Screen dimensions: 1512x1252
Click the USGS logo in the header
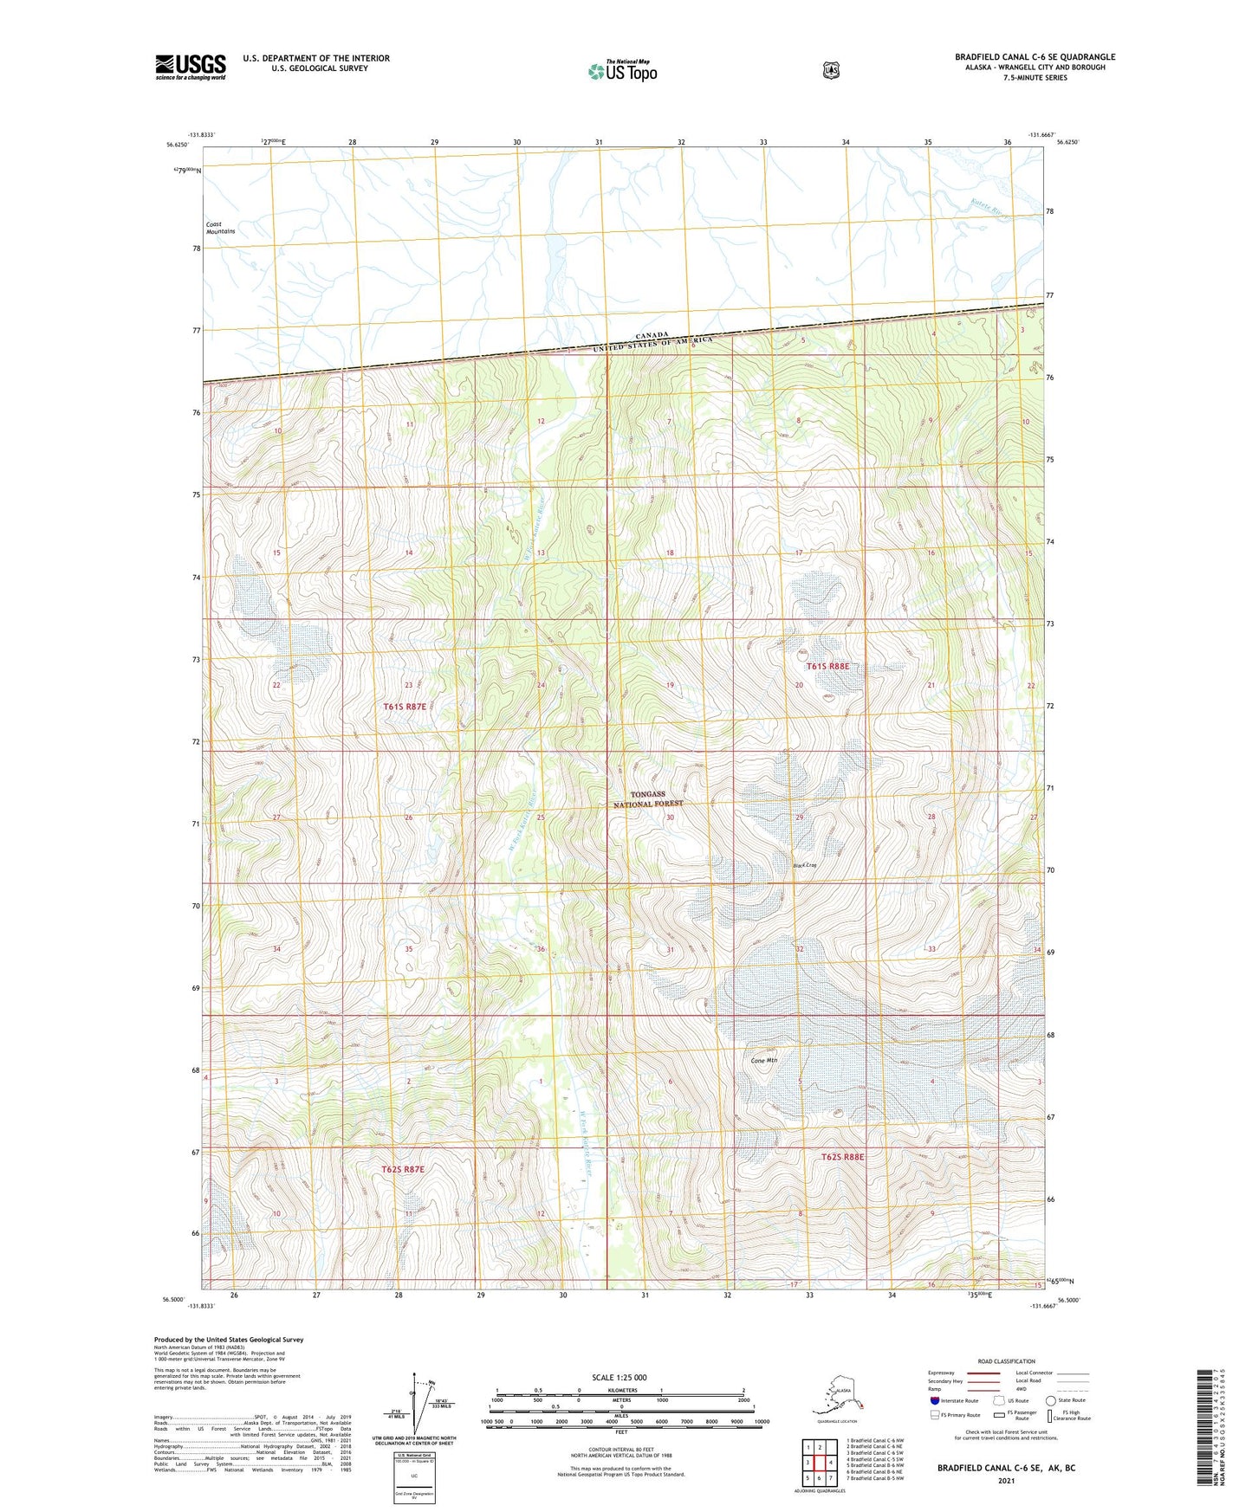coord(191,67)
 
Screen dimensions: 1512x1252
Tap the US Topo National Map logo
coord(622,70)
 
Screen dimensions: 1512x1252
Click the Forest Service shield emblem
coord(831,70)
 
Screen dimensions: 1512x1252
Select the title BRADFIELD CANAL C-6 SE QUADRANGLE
coord(1035,57)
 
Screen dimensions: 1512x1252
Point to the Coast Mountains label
coord(220,228)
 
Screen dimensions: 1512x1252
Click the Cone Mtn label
coord(763,1061)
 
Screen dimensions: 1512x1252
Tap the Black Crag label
coord(805,865)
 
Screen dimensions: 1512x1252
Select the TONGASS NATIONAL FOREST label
coord(648,798)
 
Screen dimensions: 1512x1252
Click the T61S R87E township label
coord(405,707)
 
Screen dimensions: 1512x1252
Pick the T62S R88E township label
coord(842,1157)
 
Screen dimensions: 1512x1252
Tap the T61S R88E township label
coord(827,666)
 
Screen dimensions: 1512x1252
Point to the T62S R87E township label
coord(403,1169)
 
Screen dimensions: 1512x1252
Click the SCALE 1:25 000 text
coord(619,1377)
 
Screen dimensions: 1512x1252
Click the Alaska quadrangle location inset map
coord(837,1397)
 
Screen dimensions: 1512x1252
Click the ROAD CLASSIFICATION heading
coord(1007,1361)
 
